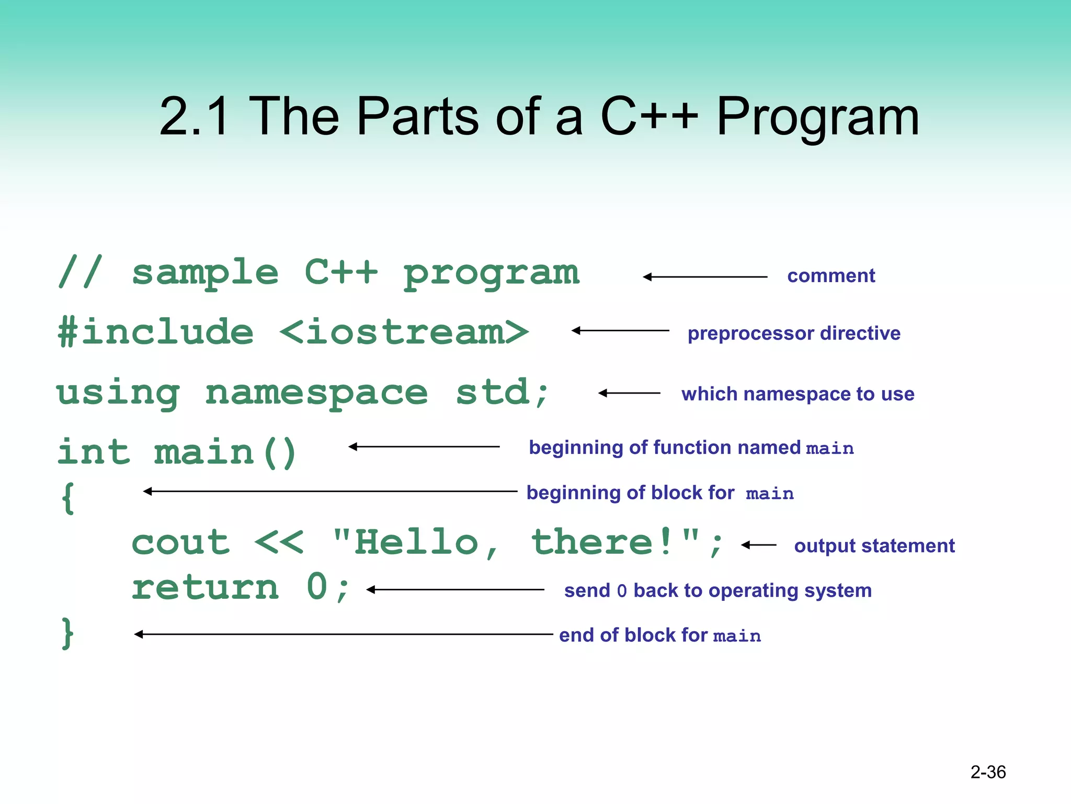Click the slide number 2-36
[988, 772]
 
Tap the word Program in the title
[817, 118]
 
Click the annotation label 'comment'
[831, 276]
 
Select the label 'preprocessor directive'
[794, 333]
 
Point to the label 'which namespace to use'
[797, 394]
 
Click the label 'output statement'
[874, 546]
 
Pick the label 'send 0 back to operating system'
[717, 590]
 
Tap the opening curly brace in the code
[67, 498]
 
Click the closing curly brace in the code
[67, 633]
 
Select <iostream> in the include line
[404, 332]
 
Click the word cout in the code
[180, 542]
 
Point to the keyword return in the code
[205, 587]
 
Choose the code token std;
[502, 393]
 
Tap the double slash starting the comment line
[80, 272]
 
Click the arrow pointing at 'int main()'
[424, 446]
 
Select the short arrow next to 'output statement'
[758, 545]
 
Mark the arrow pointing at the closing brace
[343, 634]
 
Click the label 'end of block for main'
[660, 635]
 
